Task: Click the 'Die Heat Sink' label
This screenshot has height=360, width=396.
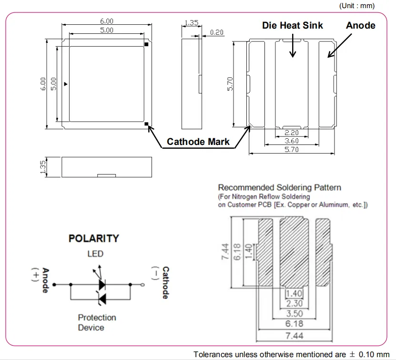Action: pyautogui.click(x=293, y=25)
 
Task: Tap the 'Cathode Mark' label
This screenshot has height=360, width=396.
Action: pyautogui.click(x=198, y=142)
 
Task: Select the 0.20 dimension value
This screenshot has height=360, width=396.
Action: pyautogui.click(x=217, y=32)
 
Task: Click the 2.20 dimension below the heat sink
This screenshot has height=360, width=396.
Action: pyautogui.click(x=292, y=133)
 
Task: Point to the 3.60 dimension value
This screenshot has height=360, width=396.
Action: pyautogui.click(x=292, y=141)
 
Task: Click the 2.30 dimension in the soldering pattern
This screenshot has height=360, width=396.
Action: pyautogui.click(x=294, y=303)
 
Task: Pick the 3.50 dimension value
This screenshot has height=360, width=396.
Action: pyautogui.click(x=294, y=314)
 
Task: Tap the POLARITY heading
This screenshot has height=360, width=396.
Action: pyautogui.click(x=94, y=238)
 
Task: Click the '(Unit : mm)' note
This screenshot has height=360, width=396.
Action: pyautogui.click(x=357, y=6)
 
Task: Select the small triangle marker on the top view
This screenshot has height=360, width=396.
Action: pyautogui.click(x=66, y=84)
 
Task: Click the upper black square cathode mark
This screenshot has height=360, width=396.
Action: pyautogui.click(x=146, y=44)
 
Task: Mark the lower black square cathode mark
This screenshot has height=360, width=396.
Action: pyautogui.click(x=146, y=124)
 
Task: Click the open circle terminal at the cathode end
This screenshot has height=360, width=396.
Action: pyautogui.click(x=142, y=285)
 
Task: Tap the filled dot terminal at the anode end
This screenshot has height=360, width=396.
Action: pyautogui.click(x=54, y=285)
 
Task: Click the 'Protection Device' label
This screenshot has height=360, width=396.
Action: pyautogui.click(x=97, y=322)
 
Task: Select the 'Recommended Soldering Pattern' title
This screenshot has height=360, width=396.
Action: pyautogui.click(x=280, y=187)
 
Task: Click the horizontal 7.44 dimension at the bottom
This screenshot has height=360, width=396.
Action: pyautogui.click(x=294, y=336)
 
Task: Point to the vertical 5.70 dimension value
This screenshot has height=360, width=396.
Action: pyautogui.click(x=230, y=84)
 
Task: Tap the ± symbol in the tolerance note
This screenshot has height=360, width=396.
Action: pyautogui.click(x=352, y=354)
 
